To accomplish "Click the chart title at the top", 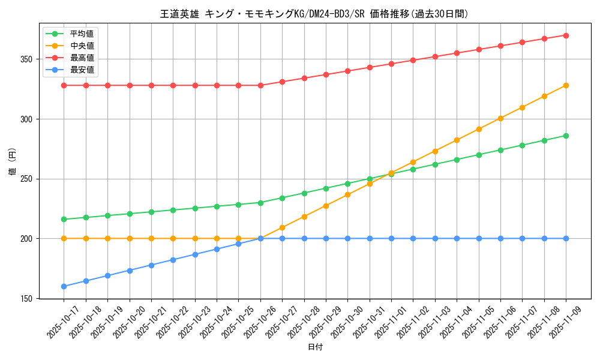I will point(314,14).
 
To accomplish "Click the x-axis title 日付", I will point(315,347).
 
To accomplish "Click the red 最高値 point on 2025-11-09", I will point(566,35).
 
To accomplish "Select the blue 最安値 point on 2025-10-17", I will point(64,286).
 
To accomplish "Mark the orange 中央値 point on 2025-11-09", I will point(566,85).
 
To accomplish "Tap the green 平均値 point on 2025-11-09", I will point(566,136).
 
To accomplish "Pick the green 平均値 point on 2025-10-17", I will point(64,219).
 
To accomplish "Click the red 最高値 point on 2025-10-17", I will point(64,85).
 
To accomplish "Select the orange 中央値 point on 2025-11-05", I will point(479,129).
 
